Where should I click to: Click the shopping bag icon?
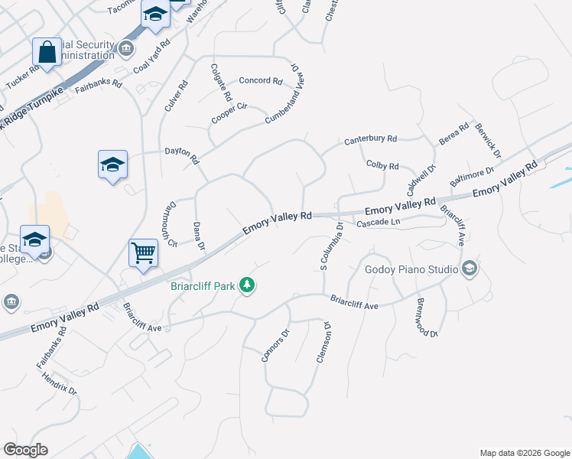(47, 53)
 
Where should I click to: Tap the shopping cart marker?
(144, 252)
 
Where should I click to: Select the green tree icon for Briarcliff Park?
(246, 285)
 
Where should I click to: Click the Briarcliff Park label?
(202, 288)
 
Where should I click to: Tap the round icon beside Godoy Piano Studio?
(470, 269)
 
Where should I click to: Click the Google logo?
(25, 450)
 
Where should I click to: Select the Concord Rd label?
(261, 80)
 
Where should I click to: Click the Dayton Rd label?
(182, 155)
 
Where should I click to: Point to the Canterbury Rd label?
(370, 139)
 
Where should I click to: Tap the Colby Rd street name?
(382, 165)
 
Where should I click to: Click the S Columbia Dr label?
(330, 246)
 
